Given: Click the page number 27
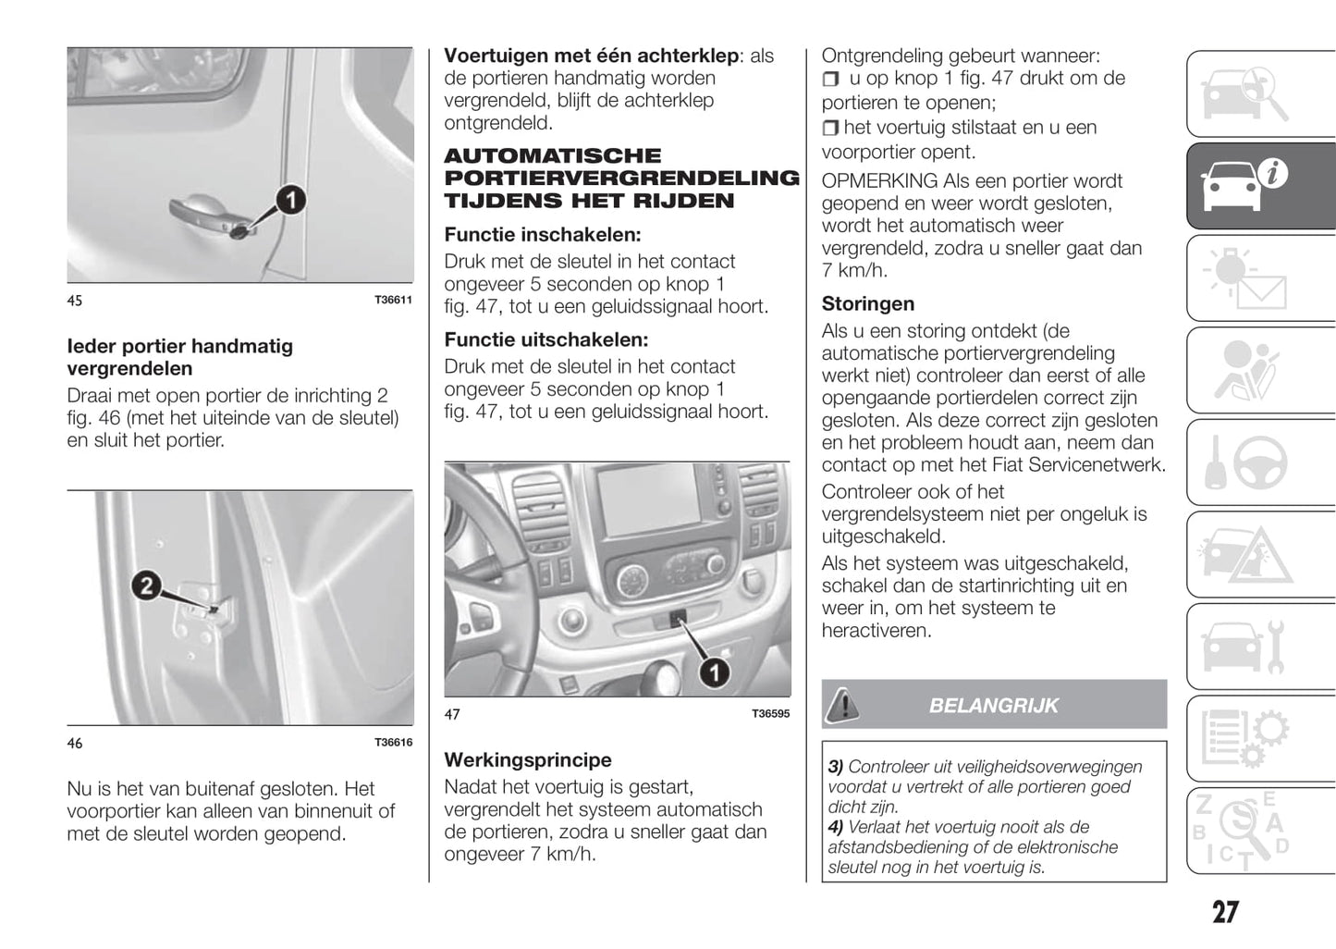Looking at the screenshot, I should click(x=1225, y=913).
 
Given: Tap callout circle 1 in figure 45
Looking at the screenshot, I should click(x=290, y=200).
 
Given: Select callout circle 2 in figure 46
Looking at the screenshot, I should click(x=146, y=586).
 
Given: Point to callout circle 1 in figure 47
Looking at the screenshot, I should click(x=714, y=672).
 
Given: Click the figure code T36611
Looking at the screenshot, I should click(x=393, y=301).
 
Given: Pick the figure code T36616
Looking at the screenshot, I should click(x=393, y=743).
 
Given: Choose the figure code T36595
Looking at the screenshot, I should click(x=770, y=714).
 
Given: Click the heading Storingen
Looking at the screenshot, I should click(x=867, y=304).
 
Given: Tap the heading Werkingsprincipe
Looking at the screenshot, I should click(x=527, y=760).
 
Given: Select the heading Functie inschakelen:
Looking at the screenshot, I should click(x=542, y=235).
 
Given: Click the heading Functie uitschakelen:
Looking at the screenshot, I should click(x=545, y=340).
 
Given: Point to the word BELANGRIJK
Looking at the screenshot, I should click(x=993, y=706).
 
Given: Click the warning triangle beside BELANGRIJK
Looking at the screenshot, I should click(x=841, y=705).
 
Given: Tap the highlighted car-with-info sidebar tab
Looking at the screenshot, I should click(x=1260, y=185).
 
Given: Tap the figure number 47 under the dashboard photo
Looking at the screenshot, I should click(x=452, y=714).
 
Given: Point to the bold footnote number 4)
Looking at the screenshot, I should click(x=835, y=827).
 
